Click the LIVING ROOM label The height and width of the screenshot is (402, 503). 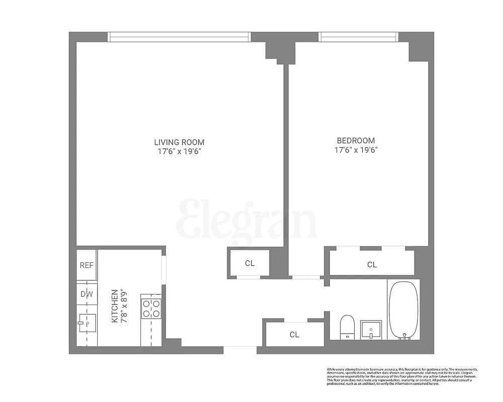tap(179, 142)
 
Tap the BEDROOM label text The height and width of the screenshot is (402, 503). tap(356, 141)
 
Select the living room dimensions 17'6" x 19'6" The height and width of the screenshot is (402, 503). tap(179, 151)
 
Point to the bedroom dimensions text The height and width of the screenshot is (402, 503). tap(356, 149)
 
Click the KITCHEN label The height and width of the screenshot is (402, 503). tap(115, 306)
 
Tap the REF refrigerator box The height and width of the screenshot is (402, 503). tap(87, 265)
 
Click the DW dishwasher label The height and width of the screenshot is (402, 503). tap(87, 294)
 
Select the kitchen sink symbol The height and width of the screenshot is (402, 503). tap(87, 323)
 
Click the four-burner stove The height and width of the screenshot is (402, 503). tap(151, 308)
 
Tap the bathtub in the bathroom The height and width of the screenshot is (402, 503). tap(403, 310)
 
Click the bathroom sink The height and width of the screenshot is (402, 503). tap(371, 330)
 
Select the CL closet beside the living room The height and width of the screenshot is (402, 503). tap(249, 263)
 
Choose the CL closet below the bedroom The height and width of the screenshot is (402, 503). tap(372, 264)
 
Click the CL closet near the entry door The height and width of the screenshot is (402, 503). tap(294, 335)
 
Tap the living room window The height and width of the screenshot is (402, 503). tap(179, 37)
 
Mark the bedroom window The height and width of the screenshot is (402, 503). tap(358, 37)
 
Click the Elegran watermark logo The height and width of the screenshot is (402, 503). tap(246, 220)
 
